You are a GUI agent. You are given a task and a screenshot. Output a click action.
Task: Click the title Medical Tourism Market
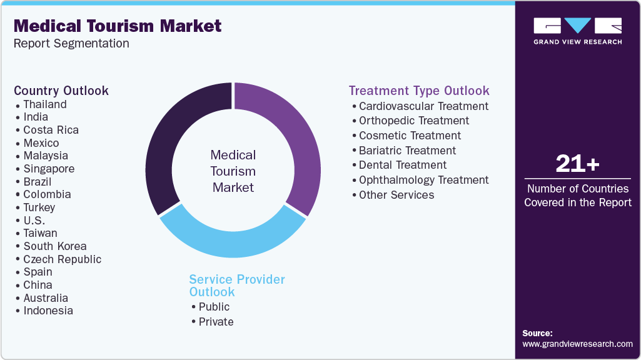point(118,26)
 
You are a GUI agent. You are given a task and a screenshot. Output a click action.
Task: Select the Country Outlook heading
point(61,91)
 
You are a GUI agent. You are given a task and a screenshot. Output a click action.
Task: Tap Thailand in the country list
point(45,104)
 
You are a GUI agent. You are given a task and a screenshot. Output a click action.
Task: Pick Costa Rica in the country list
point(51,130)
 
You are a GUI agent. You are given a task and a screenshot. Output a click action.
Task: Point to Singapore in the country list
point(49,169)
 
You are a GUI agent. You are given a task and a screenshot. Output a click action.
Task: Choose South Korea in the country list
point(55,246)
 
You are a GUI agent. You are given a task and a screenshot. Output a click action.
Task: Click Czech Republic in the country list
point(62,259)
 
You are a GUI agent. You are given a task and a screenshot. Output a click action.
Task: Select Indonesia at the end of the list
point(48,311)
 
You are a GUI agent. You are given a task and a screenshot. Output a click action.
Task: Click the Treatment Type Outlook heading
point(419,91)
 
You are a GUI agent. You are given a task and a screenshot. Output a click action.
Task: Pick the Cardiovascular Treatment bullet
point(423,106)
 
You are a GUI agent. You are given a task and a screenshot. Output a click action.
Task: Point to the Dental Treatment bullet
point(403,165)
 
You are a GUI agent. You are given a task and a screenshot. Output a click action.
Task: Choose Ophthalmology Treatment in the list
point(423,180)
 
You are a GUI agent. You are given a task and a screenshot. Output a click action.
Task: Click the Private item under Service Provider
point(216,322)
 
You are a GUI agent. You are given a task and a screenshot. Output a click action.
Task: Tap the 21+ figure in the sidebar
point(577,164)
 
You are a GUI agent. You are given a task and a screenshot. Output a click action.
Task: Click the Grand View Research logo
point(577,31)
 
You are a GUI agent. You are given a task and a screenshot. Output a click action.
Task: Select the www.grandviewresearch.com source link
point(577,344)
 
